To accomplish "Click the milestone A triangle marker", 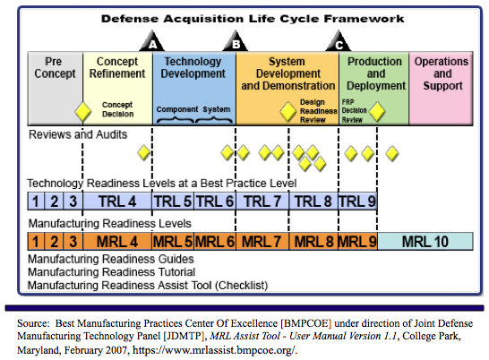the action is click(152, 41).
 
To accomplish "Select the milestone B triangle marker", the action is click(236, 41).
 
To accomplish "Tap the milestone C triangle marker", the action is click(339, 41).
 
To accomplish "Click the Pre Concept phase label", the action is click(55, 67).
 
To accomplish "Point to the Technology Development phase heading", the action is click(193, 67).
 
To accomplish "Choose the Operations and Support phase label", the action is click(442, 73).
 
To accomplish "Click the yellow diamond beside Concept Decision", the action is click(83, 112).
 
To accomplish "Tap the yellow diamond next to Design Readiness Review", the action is click(287, 111).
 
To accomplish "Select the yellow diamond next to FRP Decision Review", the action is click(377, 111).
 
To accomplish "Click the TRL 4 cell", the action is click(117, 201).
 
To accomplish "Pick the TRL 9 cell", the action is click(357, 201).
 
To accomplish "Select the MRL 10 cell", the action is click(425, 242).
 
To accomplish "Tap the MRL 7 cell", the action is click(262, 242).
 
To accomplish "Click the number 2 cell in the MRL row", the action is click(55, 242).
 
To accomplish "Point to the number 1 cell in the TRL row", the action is click(36, 201).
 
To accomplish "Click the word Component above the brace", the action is click(177, 109).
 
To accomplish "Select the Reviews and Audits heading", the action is click(78, 134).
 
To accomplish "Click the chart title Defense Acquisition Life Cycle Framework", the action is click(253, 19).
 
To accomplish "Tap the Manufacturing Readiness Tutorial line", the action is click(112, 272).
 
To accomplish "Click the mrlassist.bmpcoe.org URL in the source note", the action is click(214, 350).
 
